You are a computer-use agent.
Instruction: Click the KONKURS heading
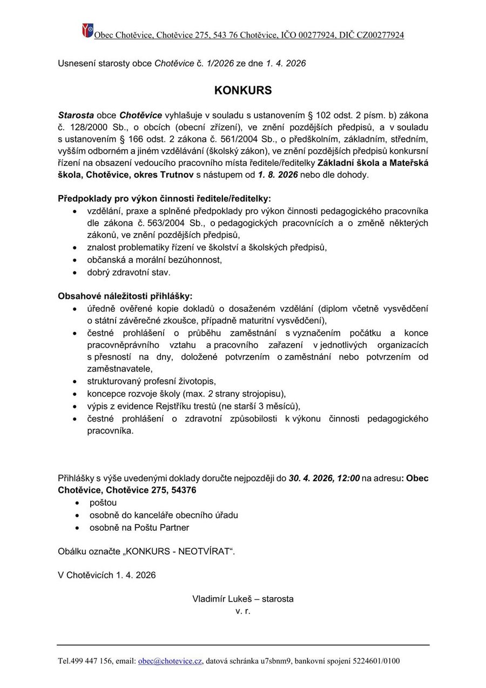243,91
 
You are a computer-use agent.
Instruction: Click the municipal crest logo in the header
87,30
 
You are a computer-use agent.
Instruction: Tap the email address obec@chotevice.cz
170,661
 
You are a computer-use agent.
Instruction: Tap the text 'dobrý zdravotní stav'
129,272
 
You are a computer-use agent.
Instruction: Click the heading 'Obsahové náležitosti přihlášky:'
125,296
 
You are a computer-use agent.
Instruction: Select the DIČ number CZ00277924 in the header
377,36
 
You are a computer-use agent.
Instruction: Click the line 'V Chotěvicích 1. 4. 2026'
107,575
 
